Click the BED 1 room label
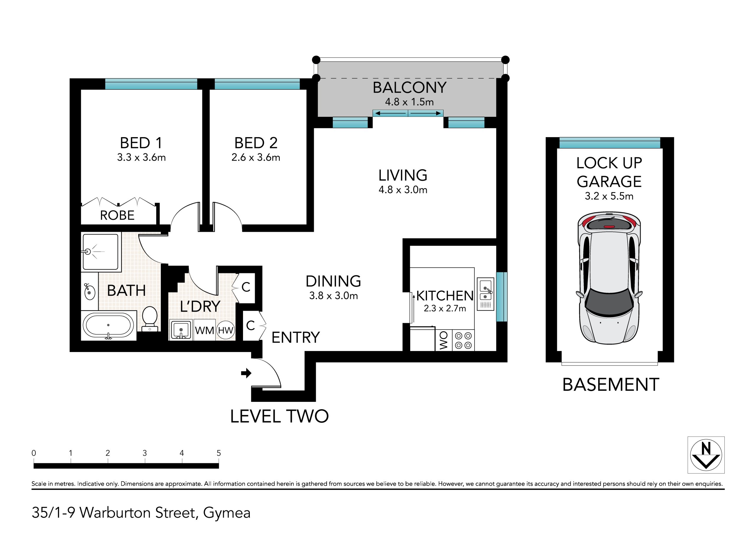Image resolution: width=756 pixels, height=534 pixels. point(141,143)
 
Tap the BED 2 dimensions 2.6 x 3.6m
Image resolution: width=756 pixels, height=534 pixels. point(255,158)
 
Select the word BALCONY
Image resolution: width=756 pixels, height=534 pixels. point(410,88)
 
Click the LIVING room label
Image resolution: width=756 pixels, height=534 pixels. point(403,175)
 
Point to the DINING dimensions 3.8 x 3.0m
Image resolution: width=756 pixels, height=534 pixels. point(333,296)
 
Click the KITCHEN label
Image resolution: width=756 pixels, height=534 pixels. point(445,296)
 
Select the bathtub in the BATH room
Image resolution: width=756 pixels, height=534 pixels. point(108,325)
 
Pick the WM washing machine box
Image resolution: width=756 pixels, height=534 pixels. point(204,330)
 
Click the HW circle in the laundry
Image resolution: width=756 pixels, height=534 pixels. point(226,330)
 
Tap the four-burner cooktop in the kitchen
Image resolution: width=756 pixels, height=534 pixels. point(463,340)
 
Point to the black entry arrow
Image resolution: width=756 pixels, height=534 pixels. point(246,373)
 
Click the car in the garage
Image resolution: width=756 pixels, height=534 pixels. point(609,278)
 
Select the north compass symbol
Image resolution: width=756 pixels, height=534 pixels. point(706,455)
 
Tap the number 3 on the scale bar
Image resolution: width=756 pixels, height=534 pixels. point(144,453)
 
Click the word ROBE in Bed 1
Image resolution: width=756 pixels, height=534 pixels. point(117,215)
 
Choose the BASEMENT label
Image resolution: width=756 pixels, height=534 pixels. point(611,385)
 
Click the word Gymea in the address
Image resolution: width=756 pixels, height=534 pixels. point(227,513)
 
